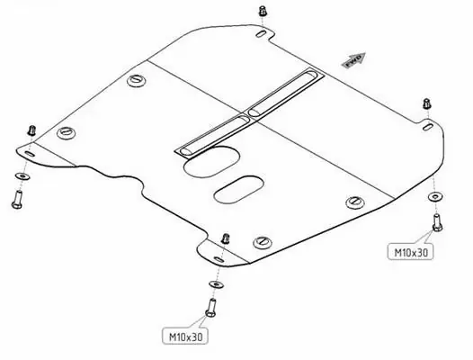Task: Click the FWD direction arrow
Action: (x=353, y=60)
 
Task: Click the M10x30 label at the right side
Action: (x=411, y=252)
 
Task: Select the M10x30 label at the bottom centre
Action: (x=185, y=336)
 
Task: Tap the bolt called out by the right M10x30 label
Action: (x=437, y=222)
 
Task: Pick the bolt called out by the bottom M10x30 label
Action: (x=210, y=308)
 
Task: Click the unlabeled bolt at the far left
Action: (x=17, y=199)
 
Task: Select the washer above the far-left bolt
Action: (x=22, y=175)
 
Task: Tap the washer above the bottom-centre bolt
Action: (x=216, y=284)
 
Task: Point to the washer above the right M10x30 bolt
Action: (x=435, y=196)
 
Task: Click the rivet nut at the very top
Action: (x=263, y=11)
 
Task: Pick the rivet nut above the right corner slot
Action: (x=426, y=103)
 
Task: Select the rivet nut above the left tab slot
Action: (x=31, y=130)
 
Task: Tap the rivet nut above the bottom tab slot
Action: (x=225, y=238)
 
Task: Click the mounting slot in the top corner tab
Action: (x=261, y=33)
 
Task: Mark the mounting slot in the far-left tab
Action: (x=30, y=154)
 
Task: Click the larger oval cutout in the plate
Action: (x=211, y=162)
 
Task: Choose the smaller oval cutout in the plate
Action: (x=238, y=190)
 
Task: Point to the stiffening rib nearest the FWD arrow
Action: (x=282, y=93)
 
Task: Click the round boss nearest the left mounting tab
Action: (x=66, y=132)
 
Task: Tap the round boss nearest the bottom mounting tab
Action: (x=263, y=242)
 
